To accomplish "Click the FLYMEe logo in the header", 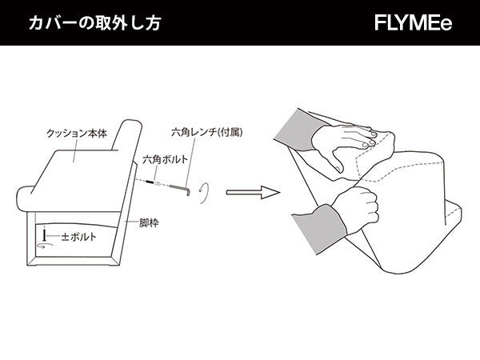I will click(x=413, y=23).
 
